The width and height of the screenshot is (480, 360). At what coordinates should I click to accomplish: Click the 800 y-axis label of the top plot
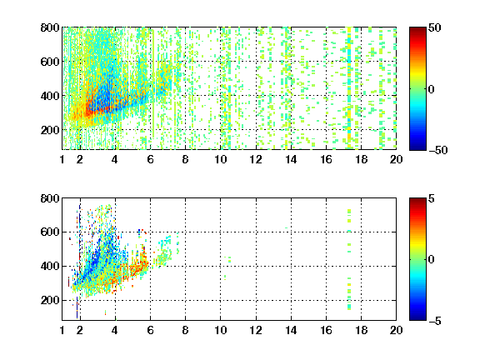50,27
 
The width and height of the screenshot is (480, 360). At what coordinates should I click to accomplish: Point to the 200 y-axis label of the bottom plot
50,300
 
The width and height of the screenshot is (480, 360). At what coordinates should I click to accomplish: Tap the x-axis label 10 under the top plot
220,159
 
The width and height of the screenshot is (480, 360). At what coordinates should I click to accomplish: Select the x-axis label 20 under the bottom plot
396,330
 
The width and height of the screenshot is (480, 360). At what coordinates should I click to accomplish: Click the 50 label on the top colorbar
434,27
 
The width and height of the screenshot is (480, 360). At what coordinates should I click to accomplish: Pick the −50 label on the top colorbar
437,150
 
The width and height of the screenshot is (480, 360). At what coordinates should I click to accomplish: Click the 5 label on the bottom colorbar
432,198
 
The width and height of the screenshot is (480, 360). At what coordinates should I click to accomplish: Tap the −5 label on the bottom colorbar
435,321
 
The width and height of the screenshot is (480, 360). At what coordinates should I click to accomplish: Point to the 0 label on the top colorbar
432,89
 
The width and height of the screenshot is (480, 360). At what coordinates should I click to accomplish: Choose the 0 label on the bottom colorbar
432,260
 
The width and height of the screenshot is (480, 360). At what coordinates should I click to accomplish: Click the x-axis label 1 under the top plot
62,159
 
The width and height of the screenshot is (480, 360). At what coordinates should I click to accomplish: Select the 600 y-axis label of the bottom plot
50,232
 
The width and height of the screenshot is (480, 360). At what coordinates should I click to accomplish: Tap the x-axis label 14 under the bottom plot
291,330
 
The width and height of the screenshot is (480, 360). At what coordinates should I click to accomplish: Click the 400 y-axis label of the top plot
50,96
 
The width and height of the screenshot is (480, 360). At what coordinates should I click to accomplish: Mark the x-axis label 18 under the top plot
361,159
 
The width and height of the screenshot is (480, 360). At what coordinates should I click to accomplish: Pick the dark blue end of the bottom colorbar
417,318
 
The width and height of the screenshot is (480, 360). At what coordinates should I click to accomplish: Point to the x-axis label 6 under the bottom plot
150,330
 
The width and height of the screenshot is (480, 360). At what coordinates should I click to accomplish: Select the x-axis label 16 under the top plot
326,159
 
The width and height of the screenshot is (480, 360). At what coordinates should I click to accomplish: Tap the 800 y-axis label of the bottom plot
50,198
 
